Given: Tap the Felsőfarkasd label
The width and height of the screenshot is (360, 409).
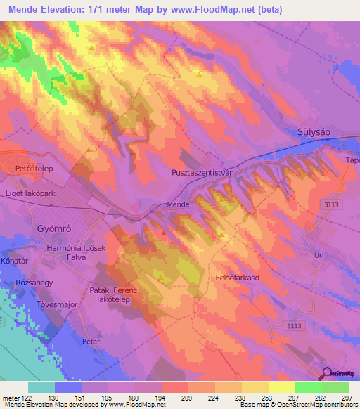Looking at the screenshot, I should coord(236,278).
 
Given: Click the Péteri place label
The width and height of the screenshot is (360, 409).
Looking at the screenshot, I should coord(92,341).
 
